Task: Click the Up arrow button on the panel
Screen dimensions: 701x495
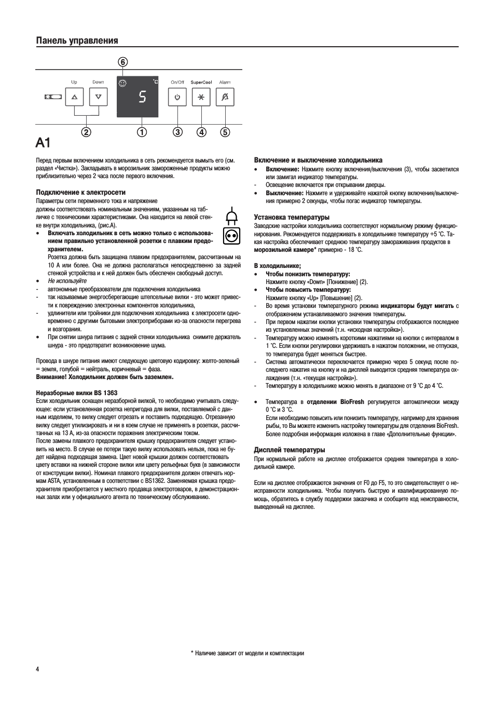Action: (x=74, y=97)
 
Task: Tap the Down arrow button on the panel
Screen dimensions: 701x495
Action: (x=98, y=97)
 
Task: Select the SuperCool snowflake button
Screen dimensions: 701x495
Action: (x=201, y=97)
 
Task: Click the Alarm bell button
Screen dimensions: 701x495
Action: (x=225, y=97)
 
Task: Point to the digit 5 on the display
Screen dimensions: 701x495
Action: (x=142, y=97)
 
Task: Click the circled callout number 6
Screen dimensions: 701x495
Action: (x=122, y=62)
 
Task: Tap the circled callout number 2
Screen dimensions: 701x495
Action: (x=86, y=132)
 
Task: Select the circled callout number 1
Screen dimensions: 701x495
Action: (x=142, y=132)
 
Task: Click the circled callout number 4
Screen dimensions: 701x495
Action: (x=201, y=132)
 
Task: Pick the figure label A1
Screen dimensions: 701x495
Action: (x=44, y=143)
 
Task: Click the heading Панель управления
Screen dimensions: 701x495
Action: (x=77, y=41)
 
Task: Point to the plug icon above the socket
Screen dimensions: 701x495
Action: (x=231, y=215)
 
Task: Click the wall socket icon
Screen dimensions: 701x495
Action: (x=231, y=236)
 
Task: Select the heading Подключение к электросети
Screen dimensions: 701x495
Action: (x=80, y=193)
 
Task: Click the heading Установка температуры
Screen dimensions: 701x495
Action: (x=292, y=218)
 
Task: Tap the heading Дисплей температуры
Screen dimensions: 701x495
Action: (x=290, y=450)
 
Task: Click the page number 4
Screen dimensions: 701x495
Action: (x=37, y=669)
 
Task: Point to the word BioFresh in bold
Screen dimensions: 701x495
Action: (x=352, y=402)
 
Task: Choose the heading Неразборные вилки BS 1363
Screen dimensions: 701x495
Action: (x=76, y=393)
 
